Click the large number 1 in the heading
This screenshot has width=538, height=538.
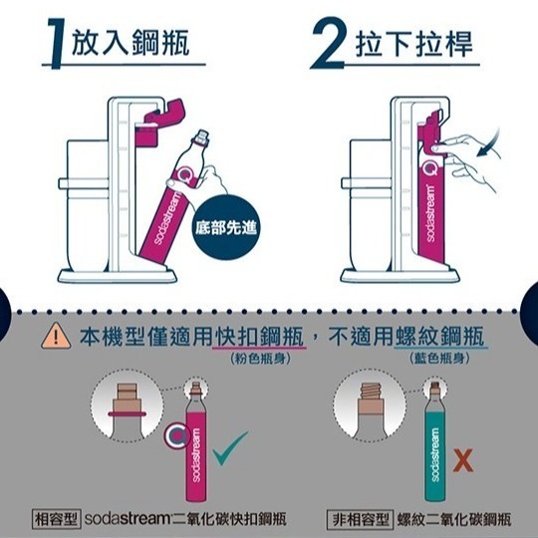tap(61, 43)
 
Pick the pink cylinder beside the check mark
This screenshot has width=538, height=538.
tap(196, 443)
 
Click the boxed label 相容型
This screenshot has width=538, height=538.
tap(57, 519)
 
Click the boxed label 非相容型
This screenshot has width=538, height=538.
tap(362, 519)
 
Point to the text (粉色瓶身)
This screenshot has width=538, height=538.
tap(258, 358)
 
